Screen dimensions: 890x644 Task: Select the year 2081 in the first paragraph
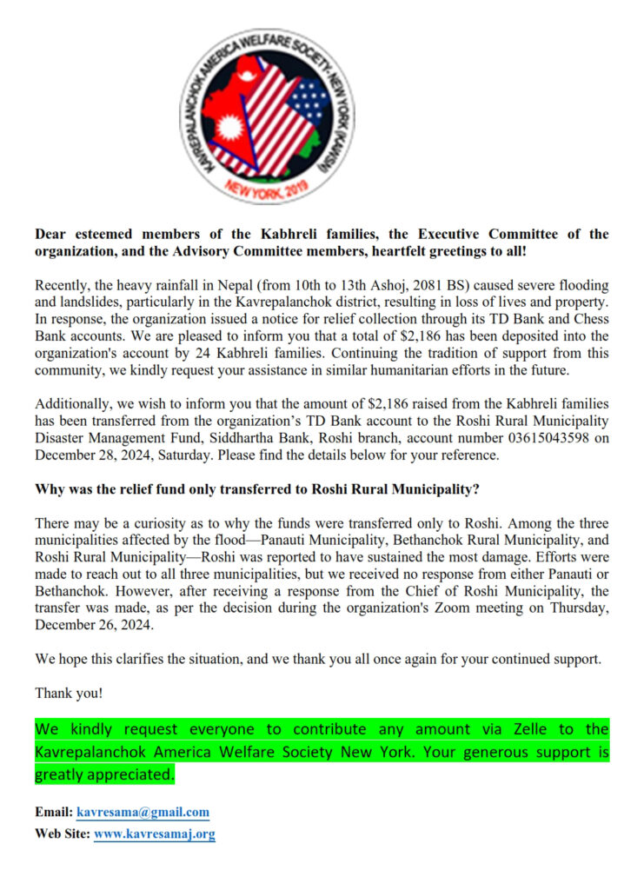pos(403,285)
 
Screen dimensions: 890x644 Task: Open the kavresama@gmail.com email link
pos(143,813)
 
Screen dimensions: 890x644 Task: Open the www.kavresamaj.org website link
pos(154,834)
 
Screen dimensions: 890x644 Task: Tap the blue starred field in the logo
pos(309,101)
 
